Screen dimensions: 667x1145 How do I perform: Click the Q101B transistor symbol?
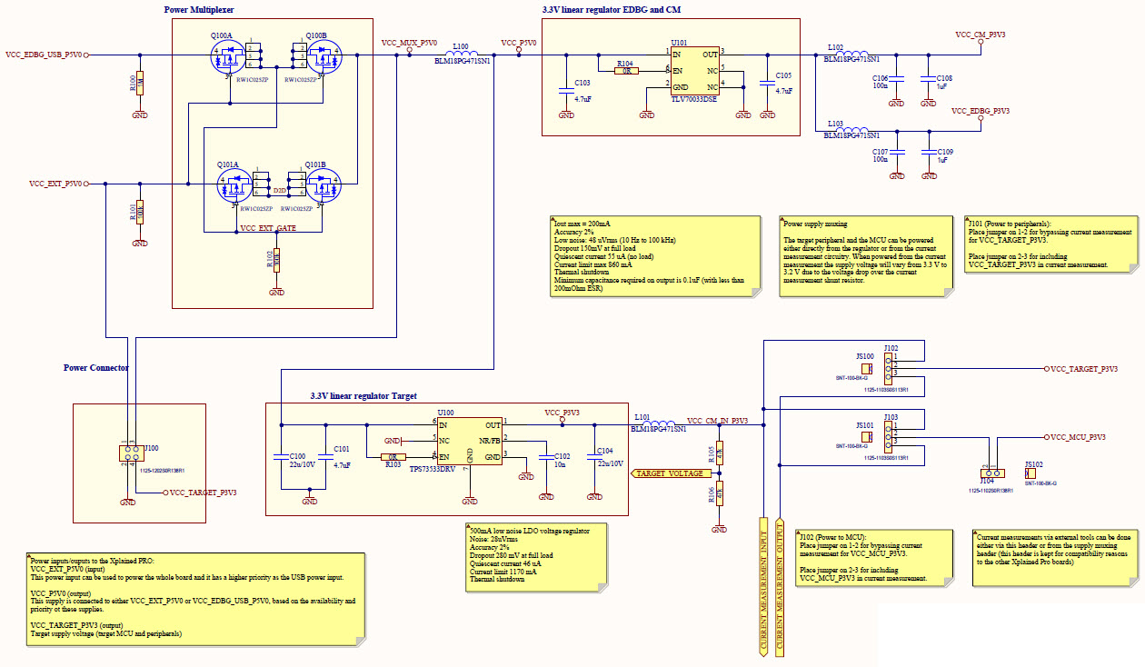322,188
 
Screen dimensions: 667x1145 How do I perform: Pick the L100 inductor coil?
463,54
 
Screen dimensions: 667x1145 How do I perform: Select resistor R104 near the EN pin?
626,70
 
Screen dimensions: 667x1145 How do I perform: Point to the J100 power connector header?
127,453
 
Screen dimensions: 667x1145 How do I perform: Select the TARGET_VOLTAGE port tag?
668,473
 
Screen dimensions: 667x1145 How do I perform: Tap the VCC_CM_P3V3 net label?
980,35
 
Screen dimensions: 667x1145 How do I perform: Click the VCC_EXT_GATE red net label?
268,227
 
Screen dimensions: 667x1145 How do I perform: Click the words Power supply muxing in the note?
815,223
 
